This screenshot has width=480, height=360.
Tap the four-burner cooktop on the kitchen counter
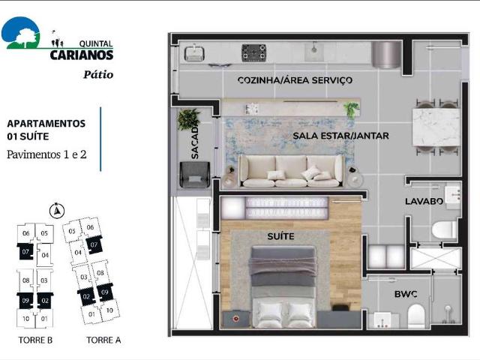pyautogui.click(x=253, y=52)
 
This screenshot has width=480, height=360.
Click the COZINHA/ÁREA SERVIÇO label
pyautogui.click(x=295, y=80)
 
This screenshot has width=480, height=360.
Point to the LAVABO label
pyautogui.click(x=420, y=201)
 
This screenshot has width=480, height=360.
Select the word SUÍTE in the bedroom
pyautogui.click(x=280, y=237)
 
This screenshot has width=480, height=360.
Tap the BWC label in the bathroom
pyautogui.click(x=406, y=294)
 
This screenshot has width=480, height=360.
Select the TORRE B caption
pyautogui.click(x=34, y=340)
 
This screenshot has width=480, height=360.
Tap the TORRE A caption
pyautogui.click(x=104, y=340)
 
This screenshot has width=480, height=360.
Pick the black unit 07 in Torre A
pyautogui.click(x=94, y=245)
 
